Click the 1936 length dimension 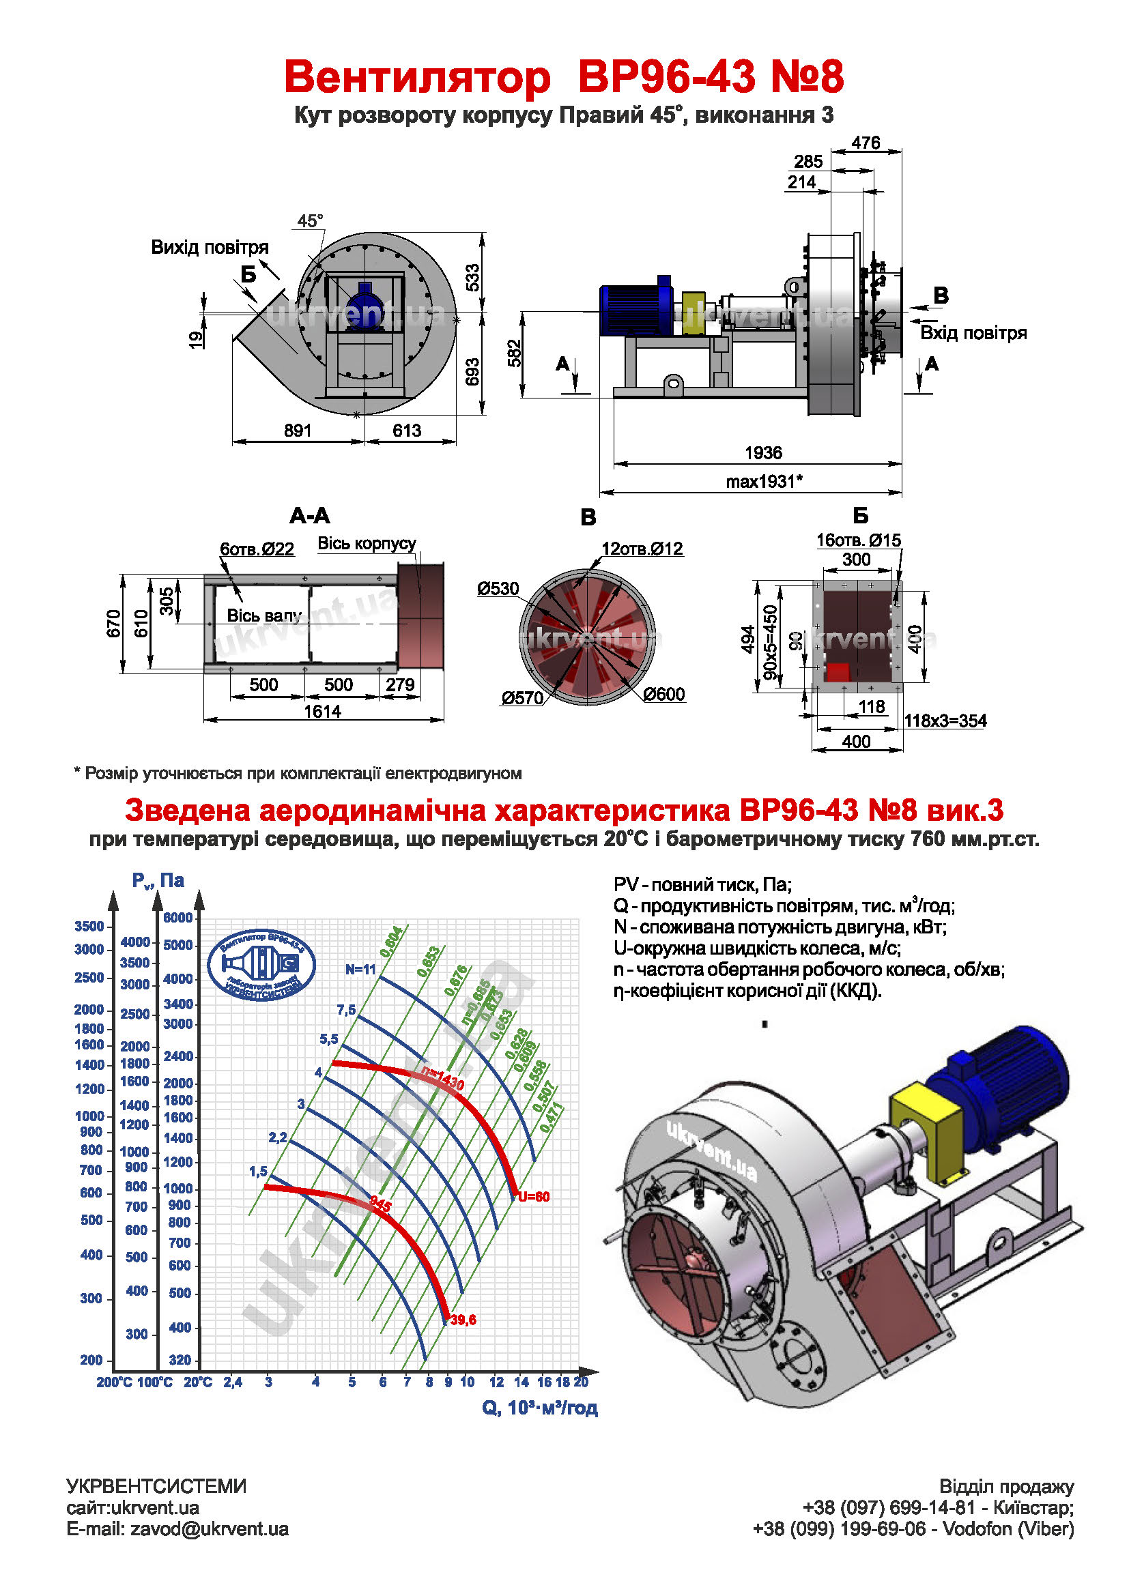coord(763,453)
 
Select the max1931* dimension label coord(764,481)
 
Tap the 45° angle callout coord(310,221)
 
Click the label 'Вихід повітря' coord(210,248)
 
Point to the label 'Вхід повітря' coord(973,333)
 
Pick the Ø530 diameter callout coord(498,589)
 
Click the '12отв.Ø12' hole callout coord(642,549)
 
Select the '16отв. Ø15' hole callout coord(858,540)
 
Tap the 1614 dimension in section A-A coord(323,711)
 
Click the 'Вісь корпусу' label coord(367,544)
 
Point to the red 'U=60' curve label coord(534,1196)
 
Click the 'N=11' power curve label coord(361,969)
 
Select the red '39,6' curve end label coord(463,1320)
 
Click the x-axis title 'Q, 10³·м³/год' coord(539,1408)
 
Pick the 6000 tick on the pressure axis coord(178,918)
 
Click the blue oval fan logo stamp coord(261,965)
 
